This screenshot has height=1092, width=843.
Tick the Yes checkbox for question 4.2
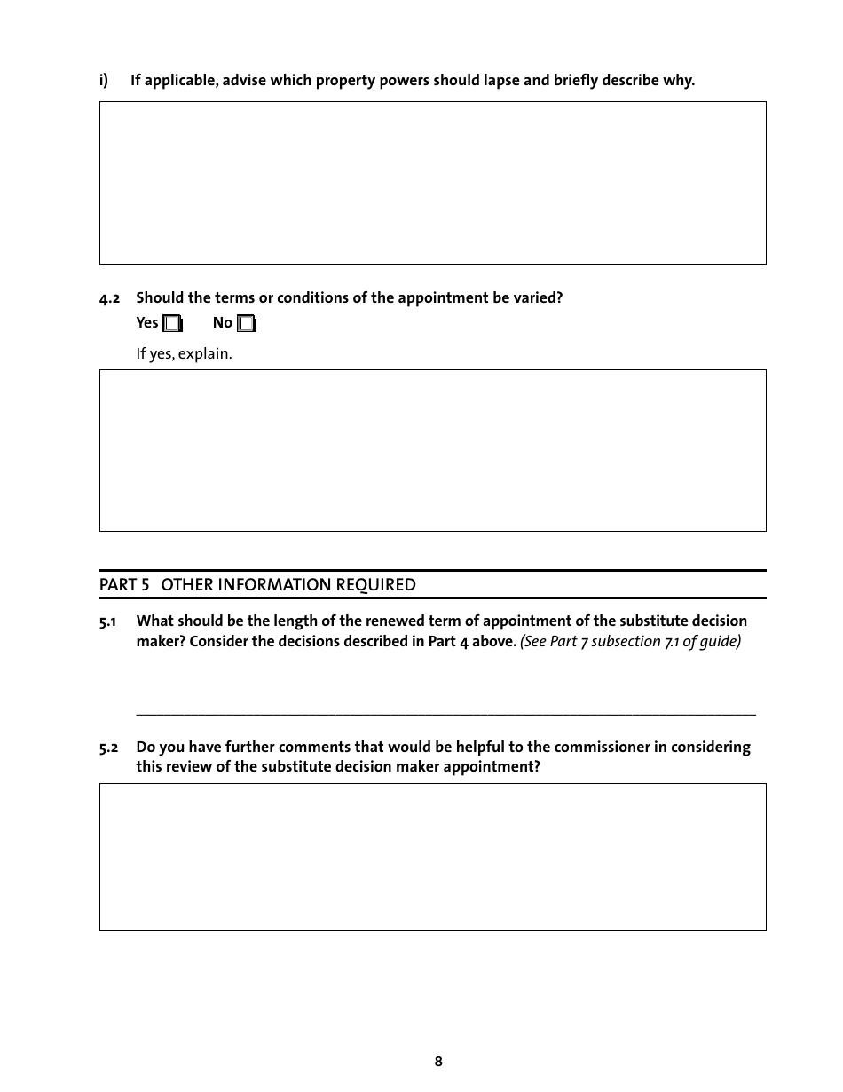click(x=172, y=324)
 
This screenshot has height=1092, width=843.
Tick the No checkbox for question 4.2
click(x=246, y=324)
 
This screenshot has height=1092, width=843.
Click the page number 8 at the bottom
click(x=438, y=1062)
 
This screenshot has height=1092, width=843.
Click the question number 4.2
click(x=109, y=298)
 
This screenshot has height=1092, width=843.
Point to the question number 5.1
click(x=108, y=621)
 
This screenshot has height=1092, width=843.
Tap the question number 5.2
click(x=108, y=748)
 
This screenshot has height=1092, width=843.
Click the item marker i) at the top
click(x=104, y=81)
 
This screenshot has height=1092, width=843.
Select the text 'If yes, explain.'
click(x=184, y=354)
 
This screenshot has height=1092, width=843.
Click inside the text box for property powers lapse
click(x=432, y=183)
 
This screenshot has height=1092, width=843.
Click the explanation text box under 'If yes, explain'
click(x=432, y=450)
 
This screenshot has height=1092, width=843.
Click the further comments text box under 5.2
click(x=432, y=857)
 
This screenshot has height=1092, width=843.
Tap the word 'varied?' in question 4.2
click(x=539, y=298)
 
